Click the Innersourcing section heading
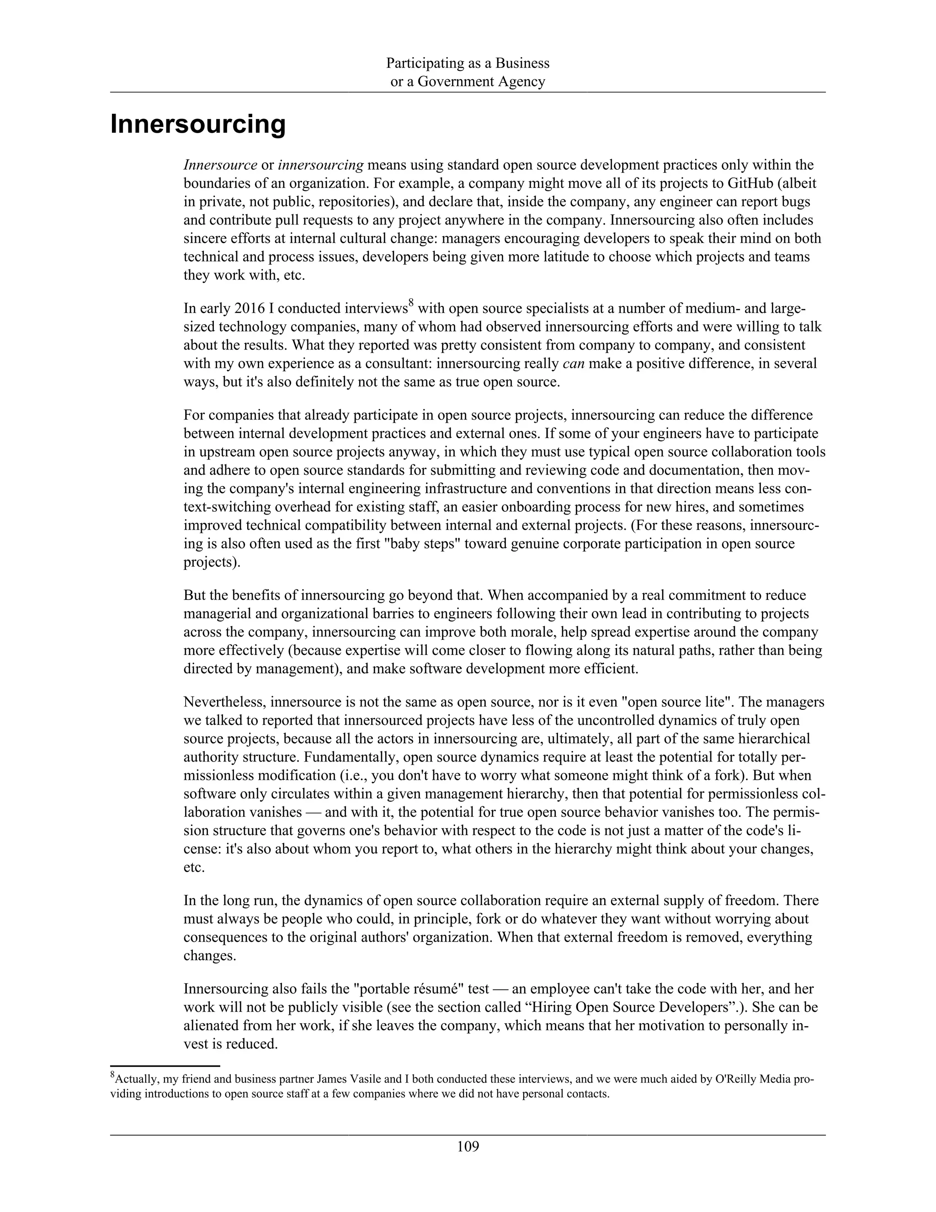[x=198, y=124]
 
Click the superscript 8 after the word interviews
[x=411, y=303]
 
